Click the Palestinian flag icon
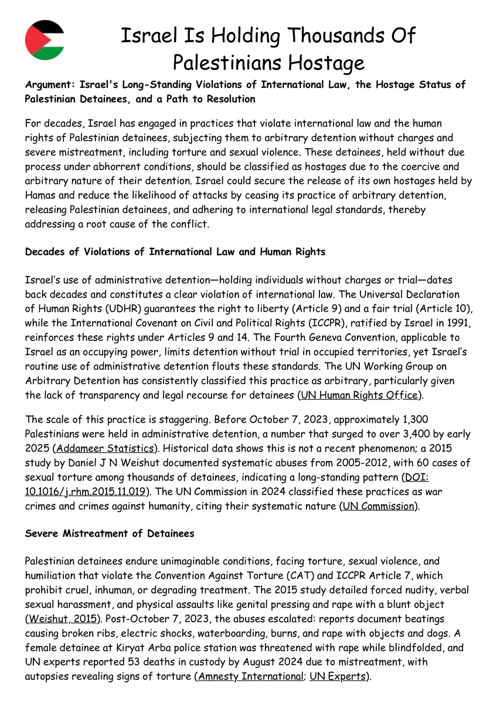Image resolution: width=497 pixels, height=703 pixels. [x=45, y=40]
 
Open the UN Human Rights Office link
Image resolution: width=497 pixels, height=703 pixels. [x=359, y=395]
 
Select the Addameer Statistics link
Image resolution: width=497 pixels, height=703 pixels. [x=105, y=449]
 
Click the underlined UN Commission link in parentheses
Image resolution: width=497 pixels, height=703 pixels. [x=378, y=505]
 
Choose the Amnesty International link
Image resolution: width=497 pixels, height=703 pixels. [x=250, y=676]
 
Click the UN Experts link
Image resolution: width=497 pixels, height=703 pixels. [x=337, y=676]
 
